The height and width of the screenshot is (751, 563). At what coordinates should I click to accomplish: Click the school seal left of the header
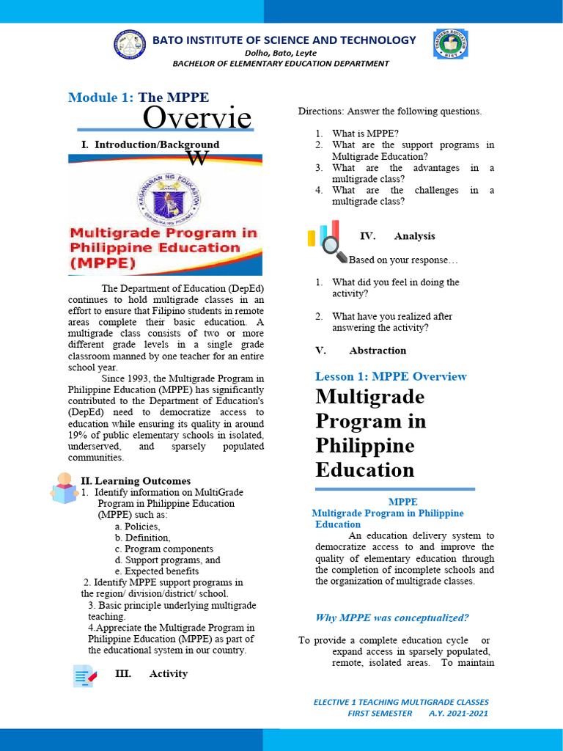point(130,44)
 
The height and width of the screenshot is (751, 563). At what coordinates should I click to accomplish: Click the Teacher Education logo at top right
point(451,45)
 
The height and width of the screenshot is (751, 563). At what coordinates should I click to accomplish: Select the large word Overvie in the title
point(196,117)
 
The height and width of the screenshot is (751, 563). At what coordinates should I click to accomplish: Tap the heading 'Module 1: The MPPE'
point(139,98)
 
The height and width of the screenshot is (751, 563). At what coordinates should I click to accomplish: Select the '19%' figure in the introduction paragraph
point(78,436)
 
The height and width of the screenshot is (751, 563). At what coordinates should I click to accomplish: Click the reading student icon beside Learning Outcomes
point(65,488)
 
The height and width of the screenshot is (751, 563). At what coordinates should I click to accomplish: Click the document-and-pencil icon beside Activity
point(84,675)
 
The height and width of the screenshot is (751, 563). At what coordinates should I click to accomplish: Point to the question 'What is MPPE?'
point(365,133)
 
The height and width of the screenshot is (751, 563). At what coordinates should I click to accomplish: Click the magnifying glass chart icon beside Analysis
point(328,241)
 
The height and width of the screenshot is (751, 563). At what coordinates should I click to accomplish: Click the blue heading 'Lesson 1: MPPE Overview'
point(391,376)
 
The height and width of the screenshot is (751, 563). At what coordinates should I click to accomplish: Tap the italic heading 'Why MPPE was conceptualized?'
point(391,618)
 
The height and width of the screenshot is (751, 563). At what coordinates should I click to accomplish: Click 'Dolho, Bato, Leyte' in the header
point(281,53)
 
